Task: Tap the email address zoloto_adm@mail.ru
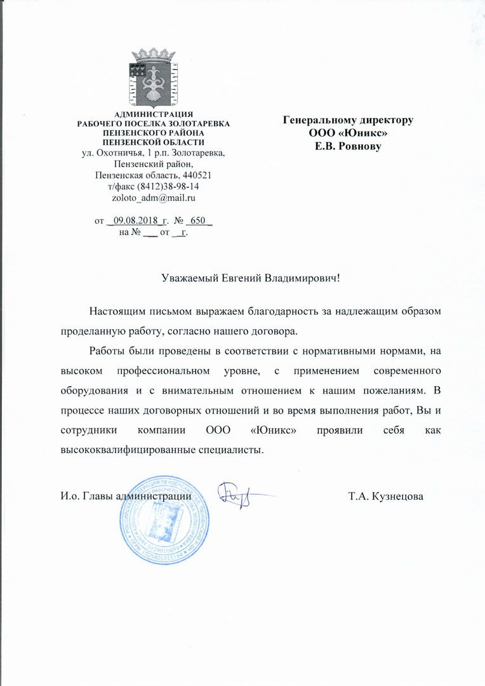153,198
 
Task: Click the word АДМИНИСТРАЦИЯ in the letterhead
153,114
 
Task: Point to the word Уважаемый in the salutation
190,278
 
